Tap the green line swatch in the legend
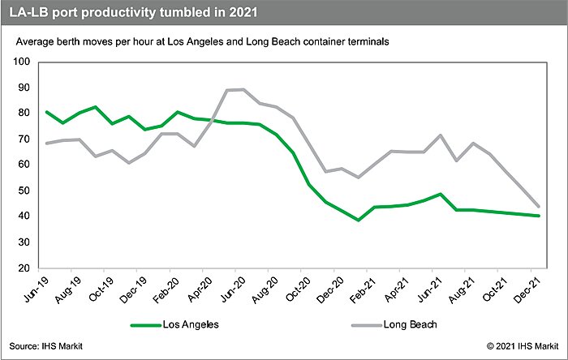point(153,324)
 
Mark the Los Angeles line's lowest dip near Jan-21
point(358,220)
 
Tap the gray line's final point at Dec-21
point(540,206)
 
